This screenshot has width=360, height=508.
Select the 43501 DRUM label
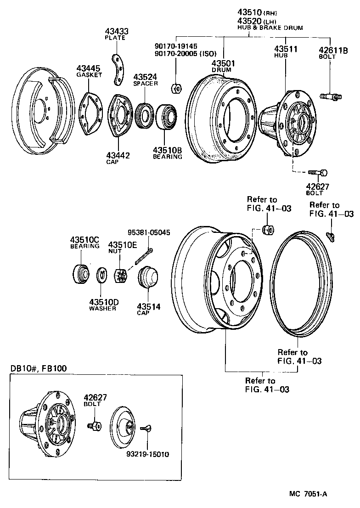223,66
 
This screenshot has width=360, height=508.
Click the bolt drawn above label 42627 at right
319,173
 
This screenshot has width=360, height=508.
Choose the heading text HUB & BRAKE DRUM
270,28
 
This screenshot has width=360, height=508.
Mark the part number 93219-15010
148,455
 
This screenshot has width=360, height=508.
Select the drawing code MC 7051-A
308,494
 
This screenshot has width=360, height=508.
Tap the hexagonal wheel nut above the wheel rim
266,230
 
